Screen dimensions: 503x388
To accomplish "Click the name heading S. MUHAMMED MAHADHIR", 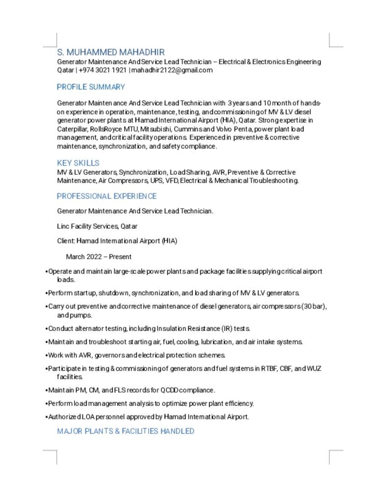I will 111,52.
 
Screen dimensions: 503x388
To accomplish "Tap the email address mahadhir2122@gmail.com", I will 172,70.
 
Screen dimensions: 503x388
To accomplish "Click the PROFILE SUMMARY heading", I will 91,87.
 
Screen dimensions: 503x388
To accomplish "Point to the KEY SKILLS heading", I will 78,163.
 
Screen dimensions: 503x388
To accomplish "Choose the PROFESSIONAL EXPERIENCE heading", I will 106,196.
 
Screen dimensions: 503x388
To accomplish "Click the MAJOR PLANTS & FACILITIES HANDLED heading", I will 126,431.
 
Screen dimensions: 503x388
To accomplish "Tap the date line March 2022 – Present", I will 99,257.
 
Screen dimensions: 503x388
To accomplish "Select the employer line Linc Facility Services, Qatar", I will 97,226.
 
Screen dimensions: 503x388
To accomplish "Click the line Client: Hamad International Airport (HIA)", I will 117,241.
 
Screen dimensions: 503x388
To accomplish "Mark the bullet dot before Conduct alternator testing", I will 46,329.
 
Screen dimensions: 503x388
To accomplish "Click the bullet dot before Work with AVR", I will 46,355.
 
